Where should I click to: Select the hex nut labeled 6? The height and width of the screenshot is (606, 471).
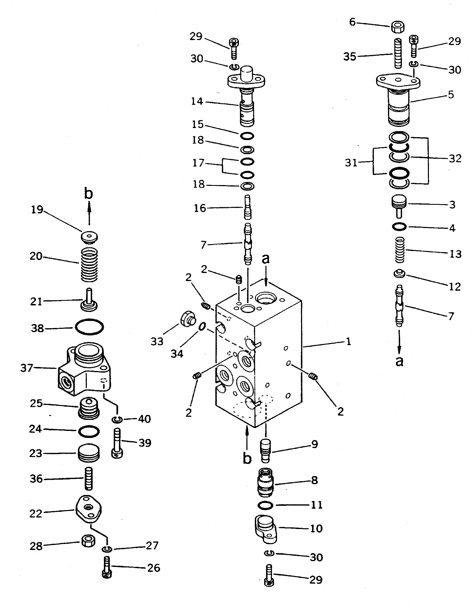coord(397,27)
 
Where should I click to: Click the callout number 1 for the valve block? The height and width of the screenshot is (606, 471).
coord(349,341)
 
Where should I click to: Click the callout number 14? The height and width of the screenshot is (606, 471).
coord(197,102)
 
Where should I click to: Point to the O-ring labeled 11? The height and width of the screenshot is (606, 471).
coord(265,505)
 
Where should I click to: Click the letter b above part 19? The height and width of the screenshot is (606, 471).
coord(88,195)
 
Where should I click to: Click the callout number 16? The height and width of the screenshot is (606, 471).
coord(200,208)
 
